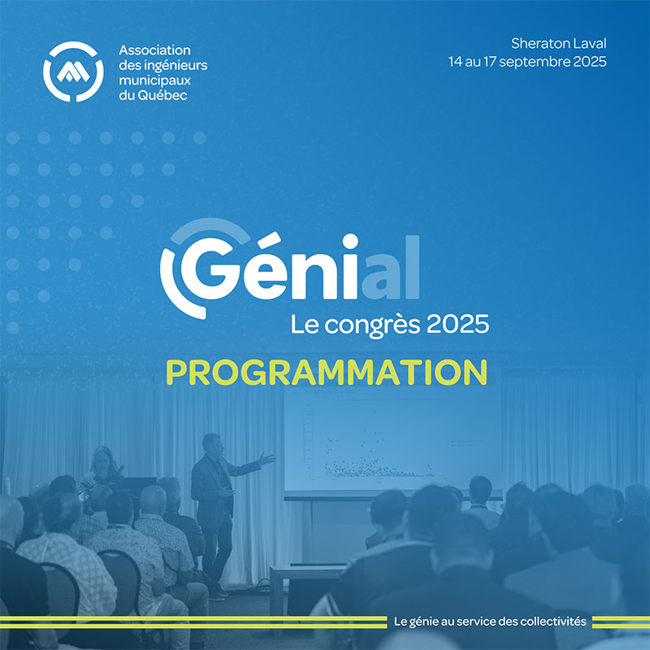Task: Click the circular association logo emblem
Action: click(73, 71)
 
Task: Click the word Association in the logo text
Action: click(154, 50)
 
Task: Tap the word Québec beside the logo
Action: click(162, 95)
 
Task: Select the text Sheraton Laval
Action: click(558, 43)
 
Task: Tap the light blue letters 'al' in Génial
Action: click(391, 267)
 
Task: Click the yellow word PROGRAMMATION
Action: click(327, 372)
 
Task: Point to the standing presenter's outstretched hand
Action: click(267, 458)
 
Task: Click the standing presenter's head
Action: click(212, 444)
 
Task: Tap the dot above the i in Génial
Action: click(350, 241)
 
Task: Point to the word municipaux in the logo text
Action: click(154, 80)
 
